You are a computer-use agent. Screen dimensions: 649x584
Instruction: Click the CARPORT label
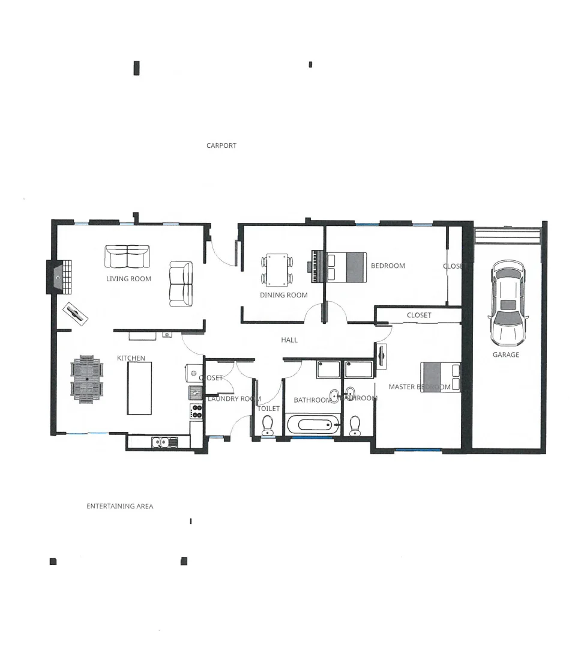(x=221, y=145)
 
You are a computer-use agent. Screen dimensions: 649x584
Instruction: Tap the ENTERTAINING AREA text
(x=119, y=507)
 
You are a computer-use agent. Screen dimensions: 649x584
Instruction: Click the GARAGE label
(x=506, y=355)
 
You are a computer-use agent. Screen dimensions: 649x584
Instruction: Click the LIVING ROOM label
(x=128, y=279)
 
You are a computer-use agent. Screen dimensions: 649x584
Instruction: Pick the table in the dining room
(x=277, y=270)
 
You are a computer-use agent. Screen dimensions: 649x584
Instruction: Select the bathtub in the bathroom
(x=313, y=425)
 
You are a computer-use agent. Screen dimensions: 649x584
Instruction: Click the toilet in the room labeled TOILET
(x=268, y=426)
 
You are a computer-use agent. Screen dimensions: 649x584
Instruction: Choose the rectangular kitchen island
(x=139, y=388)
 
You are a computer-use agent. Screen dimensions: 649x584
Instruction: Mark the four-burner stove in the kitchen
(x=196, y=412)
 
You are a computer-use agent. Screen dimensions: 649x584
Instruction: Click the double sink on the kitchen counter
(x=160, y=443)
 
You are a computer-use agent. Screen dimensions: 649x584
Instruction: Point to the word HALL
(x=289, y=340)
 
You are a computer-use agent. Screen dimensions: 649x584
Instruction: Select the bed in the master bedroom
(x=441, y=377)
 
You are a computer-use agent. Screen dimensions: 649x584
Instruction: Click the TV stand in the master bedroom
(x=382, y=355)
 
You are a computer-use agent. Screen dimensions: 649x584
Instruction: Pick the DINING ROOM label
(x=283, y=295)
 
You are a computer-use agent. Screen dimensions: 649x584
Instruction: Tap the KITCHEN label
(x=131, y=358)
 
